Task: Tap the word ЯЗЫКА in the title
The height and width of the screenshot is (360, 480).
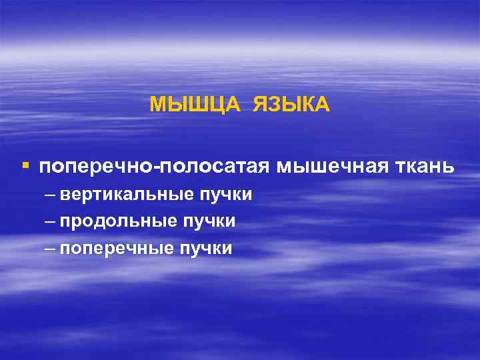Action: click(291, 105)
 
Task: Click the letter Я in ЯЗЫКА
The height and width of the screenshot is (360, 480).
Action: click(259, 105)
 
